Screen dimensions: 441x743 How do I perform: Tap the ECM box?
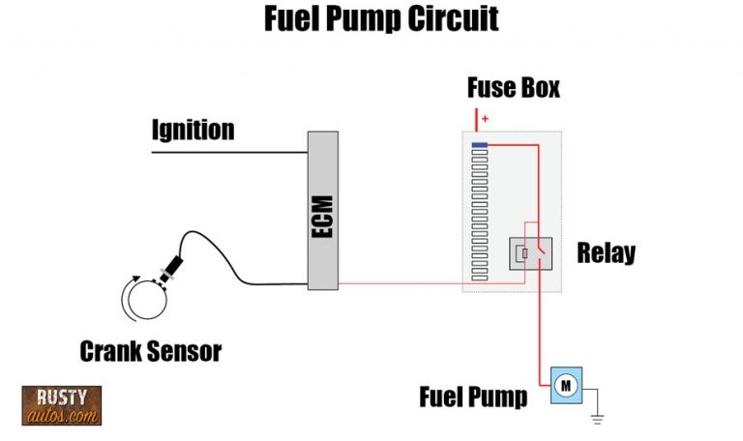pos(322,210)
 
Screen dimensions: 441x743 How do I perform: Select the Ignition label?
pos(193,129)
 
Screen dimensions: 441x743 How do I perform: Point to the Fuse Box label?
pos(513,88)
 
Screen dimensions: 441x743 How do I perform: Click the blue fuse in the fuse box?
pos(479,145)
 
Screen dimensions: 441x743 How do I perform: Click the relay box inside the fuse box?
pos(530,253)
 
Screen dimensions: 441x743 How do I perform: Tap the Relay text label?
pos(606,253)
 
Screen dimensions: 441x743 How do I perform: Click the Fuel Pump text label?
pos(473,397)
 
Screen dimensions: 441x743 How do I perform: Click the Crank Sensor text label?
pos(150,350)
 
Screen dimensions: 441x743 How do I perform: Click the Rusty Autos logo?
pos(61,405)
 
